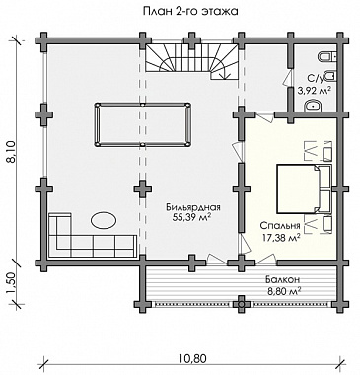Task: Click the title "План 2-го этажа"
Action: click(190, 12)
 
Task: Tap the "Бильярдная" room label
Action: click(193, 207)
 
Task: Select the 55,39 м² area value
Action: click(193, 217)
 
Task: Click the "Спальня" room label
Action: click(280, 226)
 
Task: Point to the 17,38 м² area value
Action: click(281, 236)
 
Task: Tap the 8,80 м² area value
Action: click(283, 291)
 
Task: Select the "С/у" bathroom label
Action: click(315, 79)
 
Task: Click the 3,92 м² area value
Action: click(314, 90)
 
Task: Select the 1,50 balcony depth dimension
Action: click(12, 283)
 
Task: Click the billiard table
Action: click(142, 124)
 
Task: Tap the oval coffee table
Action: click(104, 220)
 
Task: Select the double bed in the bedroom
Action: click(303, 188)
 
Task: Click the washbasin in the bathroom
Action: click(313, 106)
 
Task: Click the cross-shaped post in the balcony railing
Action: click(242, 304)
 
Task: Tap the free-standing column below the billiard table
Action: click(143, 188)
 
